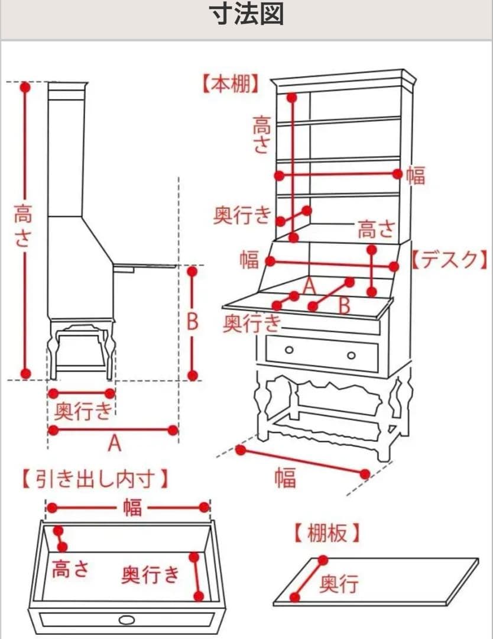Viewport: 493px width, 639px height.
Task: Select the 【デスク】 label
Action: (x=450, y=259)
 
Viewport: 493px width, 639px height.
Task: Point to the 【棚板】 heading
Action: (x=326, y=534)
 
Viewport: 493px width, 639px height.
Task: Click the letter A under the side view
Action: (x=115, y=443)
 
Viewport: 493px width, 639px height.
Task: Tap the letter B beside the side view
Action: (x=193, y=322)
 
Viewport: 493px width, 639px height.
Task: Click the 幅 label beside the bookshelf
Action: (x=416, y=175)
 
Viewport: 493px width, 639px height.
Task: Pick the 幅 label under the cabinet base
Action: (x=285, y=477)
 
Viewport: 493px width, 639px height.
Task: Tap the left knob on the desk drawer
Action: (x=289, y=350)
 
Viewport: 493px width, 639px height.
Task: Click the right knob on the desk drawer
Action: (x=351, y=355)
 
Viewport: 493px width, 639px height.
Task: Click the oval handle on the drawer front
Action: (x=127, y=619)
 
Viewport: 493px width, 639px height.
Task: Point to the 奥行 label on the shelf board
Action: (x=339, y=585)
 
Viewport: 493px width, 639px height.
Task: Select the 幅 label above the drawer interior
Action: (x=132, y=508)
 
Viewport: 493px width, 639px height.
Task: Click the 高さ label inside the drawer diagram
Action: (x=70, y=569)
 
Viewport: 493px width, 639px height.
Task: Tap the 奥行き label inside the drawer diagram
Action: (x=150, y=574)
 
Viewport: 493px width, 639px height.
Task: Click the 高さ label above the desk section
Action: (x=376, y=229)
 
